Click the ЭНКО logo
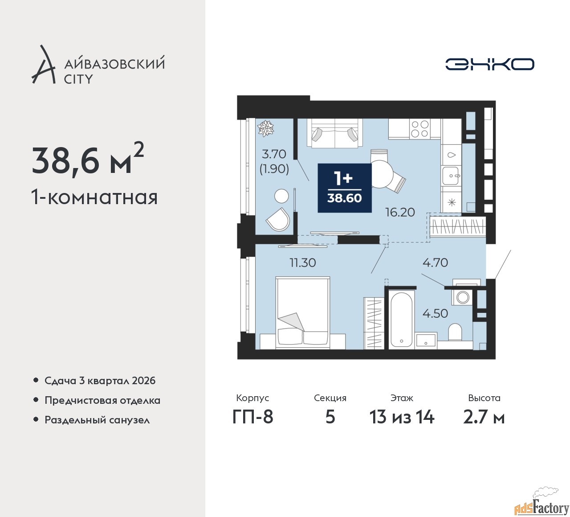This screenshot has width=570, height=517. (489, 64)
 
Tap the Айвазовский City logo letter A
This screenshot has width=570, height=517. (43, 64)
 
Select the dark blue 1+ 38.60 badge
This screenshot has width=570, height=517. (344, 188)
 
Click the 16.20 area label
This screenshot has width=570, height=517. (400, 212)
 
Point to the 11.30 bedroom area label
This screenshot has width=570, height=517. (303, 263)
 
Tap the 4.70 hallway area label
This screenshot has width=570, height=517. (436, 263)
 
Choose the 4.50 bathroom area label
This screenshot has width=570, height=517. (436, 313)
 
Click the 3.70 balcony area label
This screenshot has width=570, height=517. (273, 154)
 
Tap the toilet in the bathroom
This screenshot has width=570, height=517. (455, 332)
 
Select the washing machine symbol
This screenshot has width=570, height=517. (462, 297)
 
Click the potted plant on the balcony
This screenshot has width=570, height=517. (266, 128)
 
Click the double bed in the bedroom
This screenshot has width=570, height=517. (303, 313)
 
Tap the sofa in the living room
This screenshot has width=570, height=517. (334, 133)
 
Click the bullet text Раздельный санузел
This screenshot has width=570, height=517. (97, 420)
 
